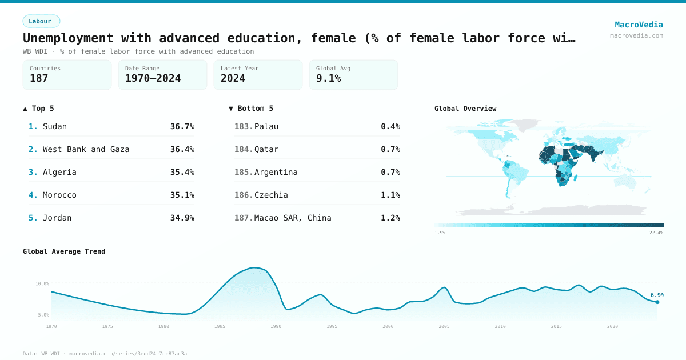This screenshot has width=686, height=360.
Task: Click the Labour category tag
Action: tap(41, 21)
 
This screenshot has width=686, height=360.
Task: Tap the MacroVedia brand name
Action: tap(639, 25)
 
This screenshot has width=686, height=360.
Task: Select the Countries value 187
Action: tap(39, 78)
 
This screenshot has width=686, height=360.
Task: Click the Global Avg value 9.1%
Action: tap(328, 78)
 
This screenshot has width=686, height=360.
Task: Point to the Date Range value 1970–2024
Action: tap(153, 78)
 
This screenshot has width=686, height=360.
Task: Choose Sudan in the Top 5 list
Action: tap(55, 126)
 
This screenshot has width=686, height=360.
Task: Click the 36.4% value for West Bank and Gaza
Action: tap(182, 149)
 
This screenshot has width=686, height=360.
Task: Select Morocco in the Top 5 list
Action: tap(59, 195)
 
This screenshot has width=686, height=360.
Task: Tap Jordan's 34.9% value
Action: tap(182, 218)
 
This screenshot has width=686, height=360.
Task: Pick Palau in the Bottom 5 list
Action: tap(266, 126)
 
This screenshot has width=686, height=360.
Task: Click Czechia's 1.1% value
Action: tap(390, 195)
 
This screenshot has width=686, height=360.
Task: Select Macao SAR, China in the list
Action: tap(293, 218)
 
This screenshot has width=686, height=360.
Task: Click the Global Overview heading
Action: tap(465, 109)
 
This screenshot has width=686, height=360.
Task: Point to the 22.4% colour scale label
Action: tap(656, 233)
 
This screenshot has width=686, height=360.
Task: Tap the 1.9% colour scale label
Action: tap(440, 233)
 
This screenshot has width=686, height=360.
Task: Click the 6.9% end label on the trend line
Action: tap(657, 295)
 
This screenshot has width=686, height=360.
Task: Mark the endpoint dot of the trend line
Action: tap(657, 302)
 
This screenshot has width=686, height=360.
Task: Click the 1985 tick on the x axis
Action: tap(220, 326)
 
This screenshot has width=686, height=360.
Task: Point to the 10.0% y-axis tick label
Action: tap(43, 283)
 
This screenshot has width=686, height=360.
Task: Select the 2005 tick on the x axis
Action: tap(444, 326)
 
